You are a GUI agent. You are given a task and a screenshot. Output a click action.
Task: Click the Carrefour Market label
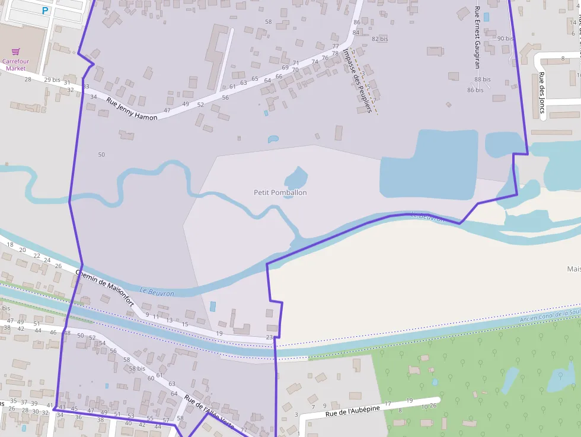coord(16,65)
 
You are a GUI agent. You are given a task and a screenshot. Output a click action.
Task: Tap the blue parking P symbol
coord(45,10)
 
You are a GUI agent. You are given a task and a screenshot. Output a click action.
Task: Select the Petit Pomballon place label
coord(280,192)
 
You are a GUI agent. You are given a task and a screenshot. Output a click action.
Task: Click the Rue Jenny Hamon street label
coord(132,109)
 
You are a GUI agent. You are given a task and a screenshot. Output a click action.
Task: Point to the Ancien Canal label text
coord(548,315)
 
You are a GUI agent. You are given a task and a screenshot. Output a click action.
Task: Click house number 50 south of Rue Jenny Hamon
coord(101,155)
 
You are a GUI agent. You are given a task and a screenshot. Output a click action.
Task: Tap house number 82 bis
coord(379,39)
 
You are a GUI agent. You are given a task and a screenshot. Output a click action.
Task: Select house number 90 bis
coord(505,39)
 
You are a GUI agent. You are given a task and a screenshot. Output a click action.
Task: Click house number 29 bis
coord(52,79)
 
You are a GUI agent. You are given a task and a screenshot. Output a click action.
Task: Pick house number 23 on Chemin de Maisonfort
coord(269,337)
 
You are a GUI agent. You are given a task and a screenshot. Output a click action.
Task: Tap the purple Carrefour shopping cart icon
coord(16,52)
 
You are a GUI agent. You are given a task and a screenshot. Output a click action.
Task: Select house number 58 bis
coord(137,368)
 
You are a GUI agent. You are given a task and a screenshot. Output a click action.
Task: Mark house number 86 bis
coord(475,90)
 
